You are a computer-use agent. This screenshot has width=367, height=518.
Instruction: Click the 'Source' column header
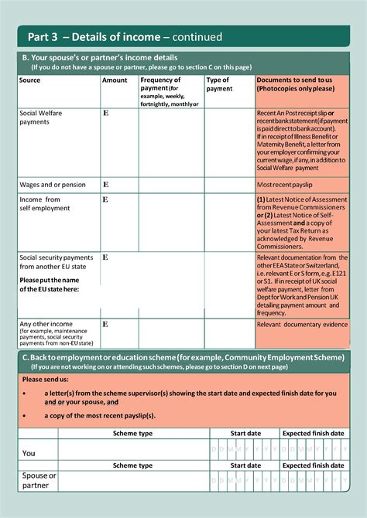pos(30,80)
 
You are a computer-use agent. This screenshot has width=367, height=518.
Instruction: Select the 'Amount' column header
pos(115,80)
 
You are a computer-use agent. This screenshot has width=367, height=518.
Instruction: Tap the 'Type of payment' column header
pos(218,84)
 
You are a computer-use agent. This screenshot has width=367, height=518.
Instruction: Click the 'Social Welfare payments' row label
pos(41,118)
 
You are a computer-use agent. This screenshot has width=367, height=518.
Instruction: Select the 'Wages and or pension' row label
pos(53,185)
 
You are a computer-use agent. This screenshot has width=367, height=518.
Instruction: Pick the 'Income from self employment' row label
pos(45,204)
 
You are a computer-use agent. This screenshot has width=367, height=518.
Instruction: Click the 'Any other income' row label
pos(46,324)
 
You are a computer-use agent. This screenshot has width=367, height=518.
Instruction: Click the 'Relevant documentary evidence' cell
pos(302,325)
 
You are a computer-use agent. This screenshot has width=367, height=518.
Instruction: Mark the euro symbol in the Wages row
pos(105,185)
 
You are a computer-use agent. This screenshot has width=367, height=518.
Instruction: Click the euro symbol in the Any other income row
pos(105,324)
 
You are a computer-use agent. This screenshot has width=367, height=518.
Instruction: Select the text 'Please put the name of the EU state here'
pos(50,284)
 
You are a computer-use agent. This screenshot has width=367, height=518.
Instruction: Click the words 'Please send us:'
pos(46,380)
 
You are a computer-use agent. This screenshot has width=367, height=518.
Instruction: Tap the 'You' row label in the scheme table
pos(29,453)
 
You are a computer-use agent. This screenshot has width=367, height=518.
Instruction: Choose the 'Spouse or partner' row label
pos(39,480)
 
